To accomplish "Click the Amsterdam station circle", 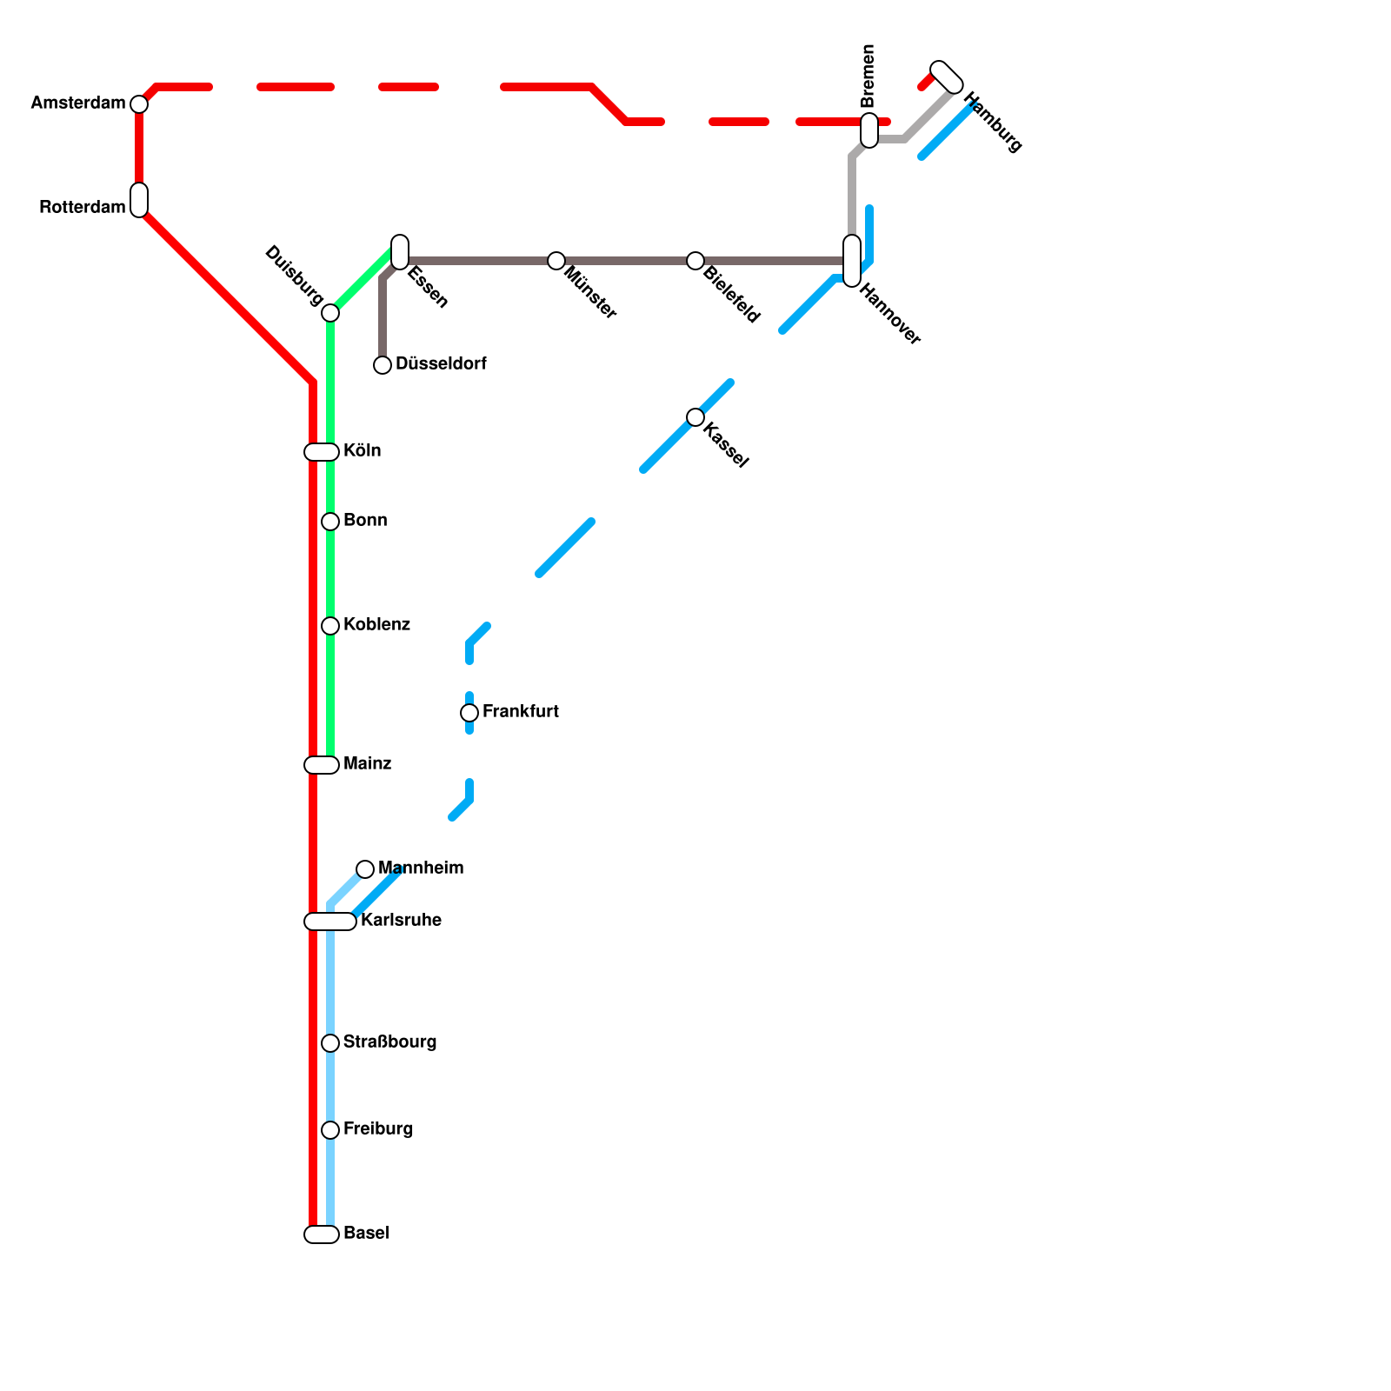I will tap(139, 104).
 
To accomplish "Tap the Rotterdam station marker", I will tap(139, 200).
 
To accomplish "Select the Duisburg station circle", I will tap(330, 313).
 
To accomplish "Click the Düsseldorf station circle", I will tap(383, 365).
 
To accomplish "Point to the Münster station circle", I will tap(556, 261).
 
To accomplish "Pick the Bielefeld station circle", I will tap(695, 261).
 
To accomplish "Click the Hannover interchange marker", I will tap(852, 261).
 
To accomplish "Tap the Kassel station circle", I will tap(695, 417).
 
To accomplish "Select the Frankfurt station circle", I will tap(469, 713).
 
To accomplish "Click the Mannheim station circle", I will tap(365, 869).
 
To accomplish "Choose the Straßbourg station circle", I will tap(330, 1043).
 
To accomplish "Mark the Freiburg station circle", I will tap(330, 1130).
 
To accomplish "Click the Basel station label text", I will tap(366, 1234).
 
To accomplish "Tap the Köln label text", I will tap(362, 451).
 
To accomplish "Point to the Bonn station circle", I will tap(330, 522).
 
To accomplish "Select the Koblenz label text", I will tap(376, 625).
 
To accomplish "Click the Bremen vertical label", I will tap(868, 76).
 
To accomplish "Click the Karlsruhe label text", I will tap(401, 921).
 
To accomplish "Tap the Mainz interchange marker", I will tap(322, 765).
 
